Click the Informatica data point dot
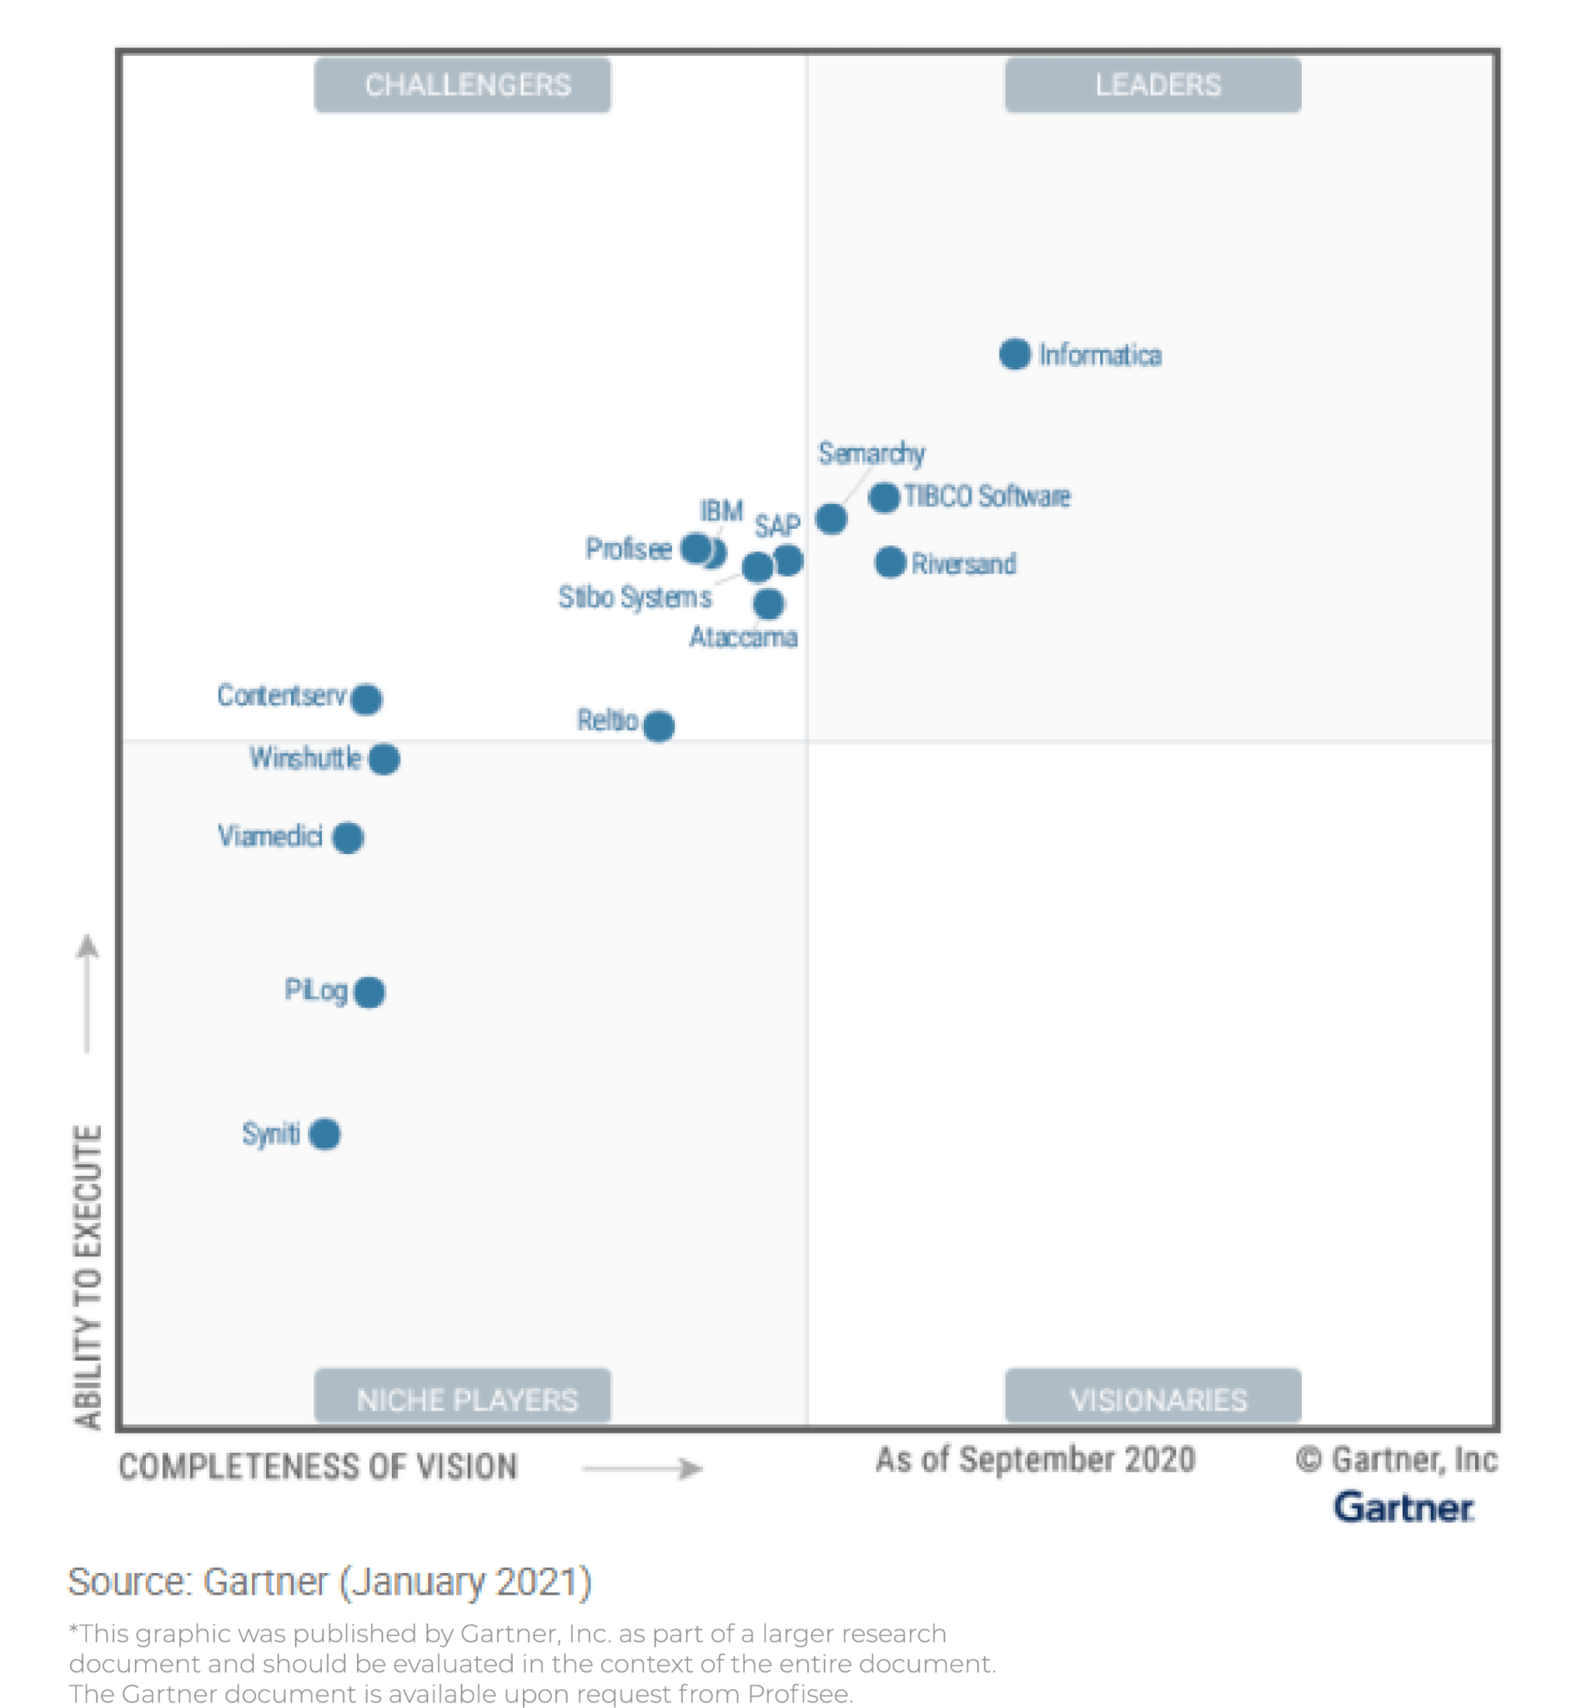pyautogui.click(x=1014, y=354)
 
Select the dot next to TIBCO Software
pyautogui.click(x=883, y=497)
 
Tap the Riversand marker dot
pyautogui.click(x=890, y=562)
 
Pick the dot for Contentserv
pyautogui.click(x=366, y=700)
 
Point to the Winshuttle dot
pyautogui.click(x=384, y=759)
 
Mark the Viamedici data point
pyautogui.click(x=348, y=837)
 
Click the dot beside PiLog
pyautogui.click(x=369, y=992)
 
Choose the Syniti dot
pyautogui.click(x=324, y=1134)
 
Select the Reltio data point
pyautogui.click(x=658, y=726)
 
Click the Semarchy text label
pyautogui.click(x=871, y=453)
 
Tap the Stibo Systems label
pyautogui.click(x=635, y=597)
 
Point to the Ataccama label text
pyautogui.click(x=743, y=638)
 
